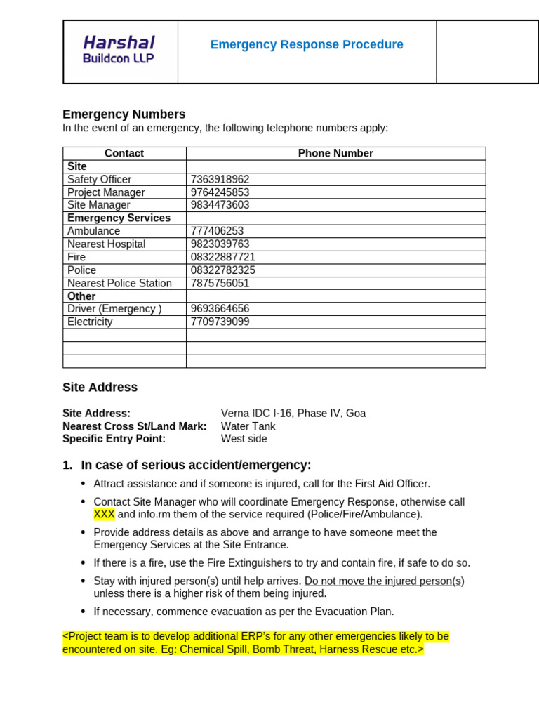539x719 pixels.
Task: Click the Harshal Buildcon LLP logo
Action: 119,50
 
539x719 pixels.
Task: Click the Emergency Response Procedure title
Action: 307,45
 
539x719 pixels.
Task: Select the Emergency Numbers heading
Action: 124,114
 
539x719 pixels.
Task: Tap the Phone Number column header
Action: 335,153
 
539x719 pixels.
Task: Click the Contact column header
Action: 124,153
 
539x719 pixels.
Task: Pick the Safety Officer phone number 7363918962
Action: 220,180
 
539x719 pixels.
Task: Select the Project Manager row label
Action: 106,192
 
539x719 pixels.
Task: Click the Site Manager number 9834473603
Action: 220,205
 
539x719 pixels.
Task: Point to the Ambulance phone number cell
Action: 217,231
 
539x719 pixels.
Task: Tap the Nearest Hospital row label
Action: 107,244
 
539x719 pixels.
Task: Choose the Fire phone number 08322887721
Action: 223,257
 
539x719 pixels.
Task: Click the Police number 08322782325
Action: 223,270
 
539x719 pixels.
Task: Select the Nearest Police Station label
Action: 119,283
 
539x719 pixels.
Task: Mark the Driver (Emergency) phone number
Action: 220,309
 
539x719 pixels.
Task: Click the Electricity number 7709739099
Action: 220,322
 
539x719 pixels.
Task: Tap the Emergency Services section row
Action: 119,218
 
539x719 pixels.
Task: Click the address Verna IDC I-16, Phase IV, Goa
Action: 293,414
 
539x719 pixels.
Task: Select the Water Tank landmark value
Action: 248,426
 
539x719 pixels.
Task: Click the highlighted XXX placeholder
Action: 104,515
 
